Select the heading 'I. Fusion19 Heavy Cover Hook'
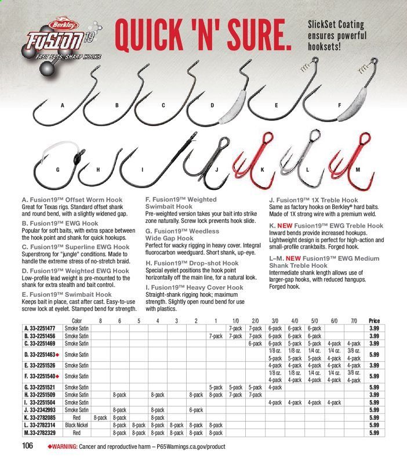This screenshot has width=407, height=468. click(x=194, y=286)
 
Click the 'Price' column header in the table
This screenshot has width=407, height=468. click(x=373, y=321)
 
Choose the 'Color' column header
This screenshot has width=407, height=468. click(x=78, y=321)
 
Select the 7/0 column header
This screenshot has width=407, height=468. click(x=354, y=321)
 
